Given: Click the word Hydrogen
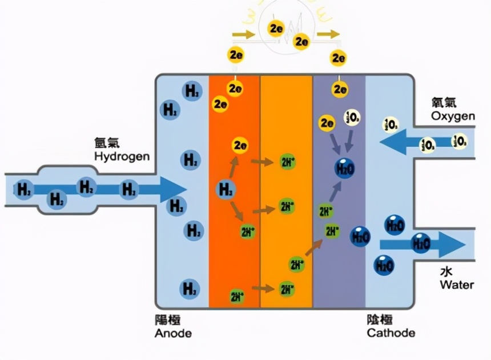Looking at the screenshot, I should [122, 157].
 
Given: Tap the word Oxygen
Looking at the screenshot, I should [453, 116].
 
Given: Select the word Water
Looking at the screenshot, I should [456, 284].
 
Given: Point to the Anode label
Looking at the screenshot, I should [173, 333].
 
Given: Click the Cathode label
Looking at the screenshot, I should [391, 333].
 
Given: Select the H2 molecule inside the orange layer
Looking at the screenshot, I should [226, 189].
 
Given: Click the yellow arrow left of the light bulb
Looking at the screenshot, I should [244, 35].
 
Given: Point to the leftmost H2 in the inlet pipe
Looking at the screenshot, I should [25, 189].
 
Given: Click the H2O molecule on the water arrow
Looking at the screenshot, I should [421, 243].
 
